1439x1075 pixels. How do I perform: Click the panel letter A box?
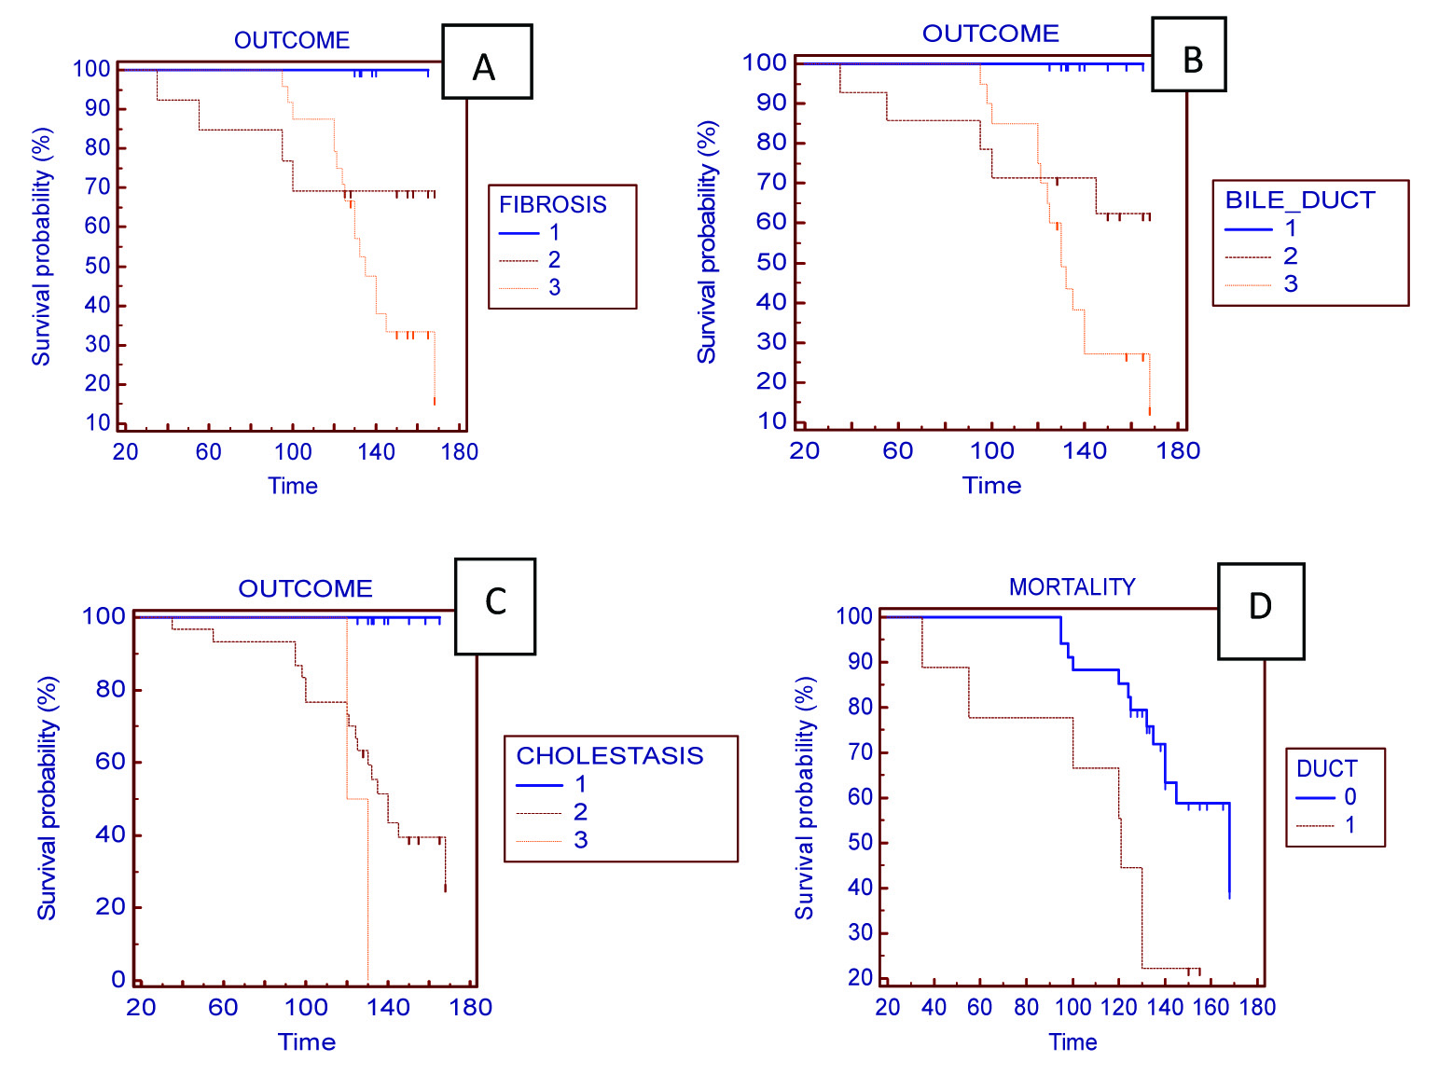pyautogui.click(x=486, y=62)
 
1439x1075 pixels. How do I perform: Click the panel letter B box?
pyautogui.click(x=1188, y=55)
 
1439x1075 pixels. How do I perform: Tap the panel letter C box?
pyautogui.click(x=494, y=606)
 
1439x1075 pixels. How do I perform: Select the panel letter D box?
pyautogui.click(x=1260, y=611)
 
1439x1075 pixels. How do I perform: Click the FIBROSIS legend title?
pyautogui.click(x=552, y=204)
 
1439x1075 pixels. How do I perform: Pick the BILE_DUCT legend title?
pyautogui.click(x=1299, y=200)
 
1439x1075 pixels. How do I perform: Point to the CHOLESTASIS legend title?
pyautogui.click(x=610, y=755)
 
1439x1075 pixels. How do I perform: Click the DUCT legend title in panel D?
pyautogui.click(x=1326, y=768)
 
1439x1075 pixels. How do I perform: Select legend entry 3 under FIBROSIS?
pyautogui.click(x=554, y=287)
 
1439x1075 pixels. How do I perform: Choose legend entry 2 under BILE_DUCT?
pyautogui.click(x=1290, y=255)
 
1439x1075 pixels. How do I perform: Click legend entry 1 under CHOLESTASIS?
pyautogui.click(x=580, y=784)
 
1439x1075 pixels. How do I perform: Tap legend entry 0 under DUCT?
pyautogui.click(x=1349, y=797)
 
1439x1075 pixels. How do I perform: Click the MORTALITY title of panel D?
pyautogui.click(x=1072, y=586)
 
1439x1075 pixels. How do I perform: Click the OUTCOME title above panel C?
pyautogui.click(x=305, y=588)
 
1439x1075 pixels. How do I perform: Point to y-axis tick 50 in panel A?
pyautogui.click(x=97, y=266)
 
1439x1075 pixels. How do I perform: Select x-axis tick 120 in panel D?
pyautogui.click(x=1118, y=1007)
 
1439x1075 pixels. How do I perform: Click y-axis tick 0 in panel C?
pyautogui.click(x=118, y=979)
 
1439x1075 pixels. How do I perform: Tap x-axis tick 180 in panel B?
pyautogui.click(x=1178, y=451)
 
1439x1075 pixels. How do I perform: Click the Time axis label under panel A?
pyautogui.click(x=293, y=486)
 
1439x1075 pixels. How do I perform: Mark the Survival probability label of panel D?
pyautogui.click(x=804, y=798)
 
